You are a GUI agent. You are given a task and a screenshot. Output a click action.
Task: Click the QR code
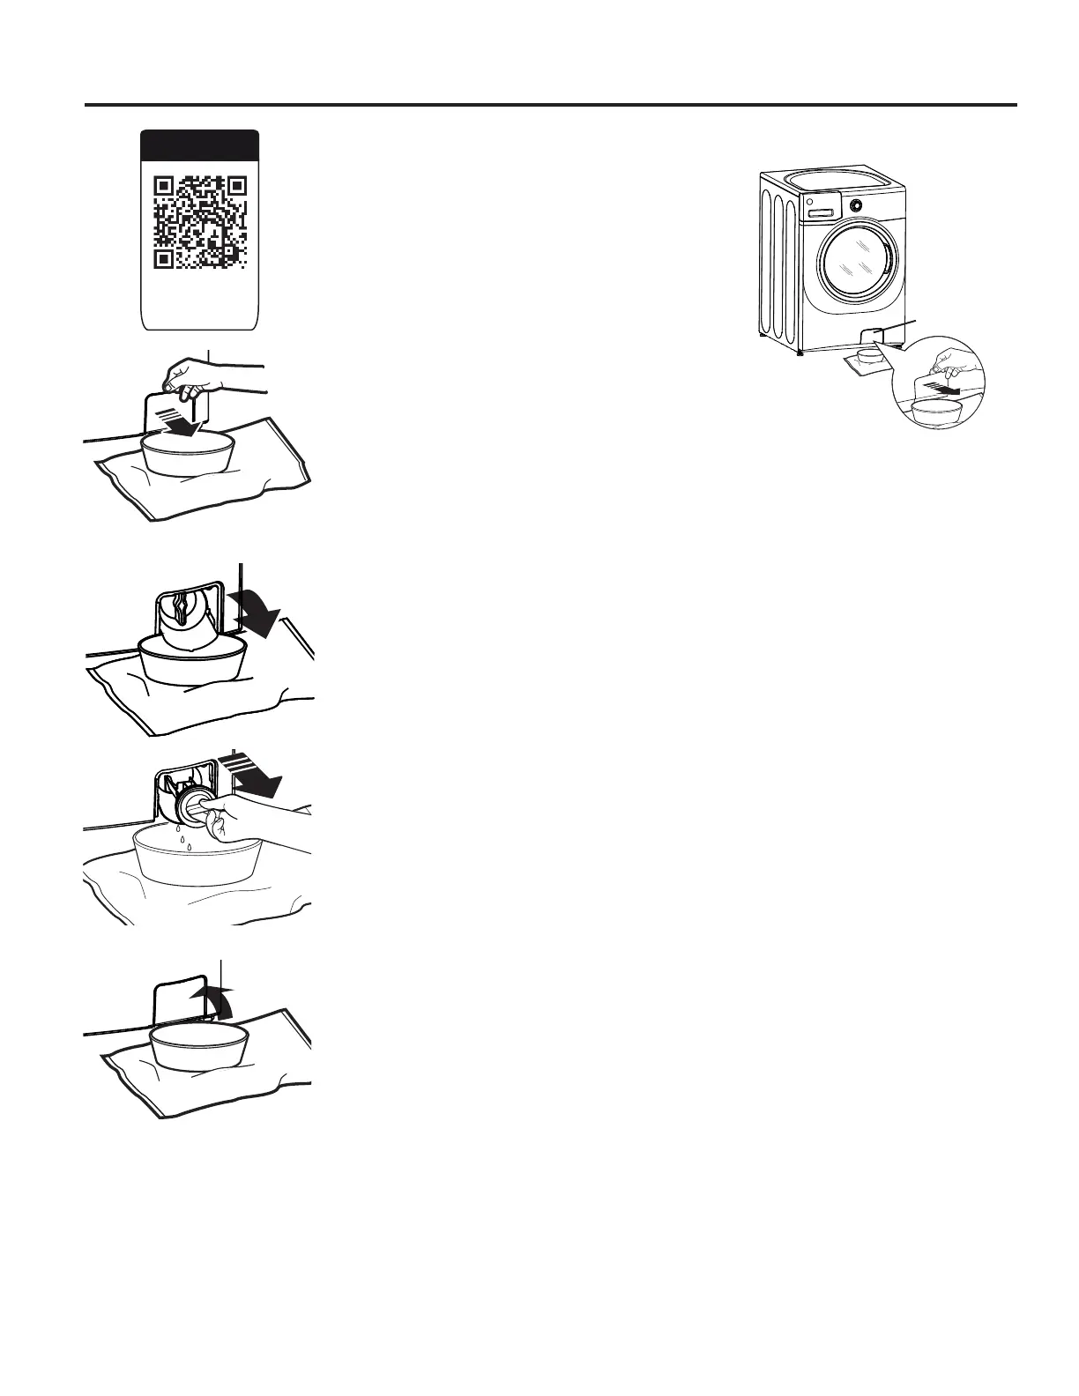[199, 221]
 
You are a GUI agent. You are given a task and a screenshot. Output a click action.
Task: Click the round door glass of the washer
[856, 264]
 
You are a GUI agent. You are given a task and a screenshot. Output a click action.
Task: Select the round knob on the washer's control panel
[855, 204]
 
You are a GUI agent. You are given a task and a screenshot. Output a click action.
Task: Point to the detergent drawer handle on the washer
[821, 212]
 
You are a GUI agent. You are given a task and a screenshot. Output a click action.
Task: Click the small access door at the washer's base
[871, 336]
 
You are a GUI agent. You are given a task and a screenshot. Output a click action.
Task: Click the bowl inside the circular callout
[936, 412]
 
